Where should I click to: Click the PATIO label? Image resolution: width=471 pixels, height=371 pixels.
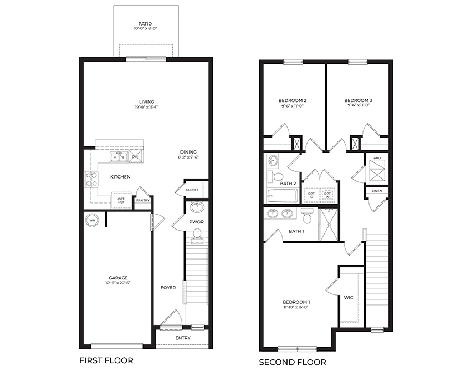point(146,24)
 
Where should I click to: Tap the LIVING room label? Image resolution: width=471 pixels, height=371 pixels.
point(146,101)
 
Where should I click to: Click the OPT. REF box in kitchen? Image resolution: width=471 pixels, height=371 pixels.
point(120,200)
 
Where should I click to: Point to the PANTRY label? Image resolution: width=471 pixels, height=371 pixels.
point(142,201)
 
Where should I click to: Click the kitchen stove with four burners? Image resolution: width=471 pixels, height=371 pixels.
point(91,179)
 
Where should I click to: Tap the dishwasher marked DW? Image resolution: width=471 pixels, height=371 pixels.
point(135,157)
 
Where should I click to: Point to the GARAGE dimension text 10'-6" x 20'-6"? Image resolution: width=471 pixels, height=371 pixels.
point(118,283)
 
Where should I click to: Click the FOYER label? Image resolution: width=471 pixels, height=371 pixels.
point(168,288)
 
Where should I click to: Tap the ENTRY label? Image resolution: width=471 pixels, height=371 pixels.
point(182,338)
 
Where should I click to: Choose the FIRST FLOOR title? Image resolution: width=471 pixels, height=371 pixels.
point(106,360)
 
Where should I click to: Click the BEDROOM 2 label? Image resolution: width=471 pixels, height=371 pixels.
point(292,100)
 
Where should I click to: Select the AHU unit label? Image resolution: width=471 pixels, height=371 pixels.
point(376,159)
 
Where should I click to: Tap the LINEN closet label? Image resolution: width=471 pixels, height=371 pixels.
point(377,191)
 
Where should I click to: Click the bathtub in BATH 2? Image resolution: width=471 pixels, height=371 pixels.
point(282,196)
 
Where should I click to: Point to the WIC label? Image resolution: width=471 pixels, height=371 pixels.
point(349,298)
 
